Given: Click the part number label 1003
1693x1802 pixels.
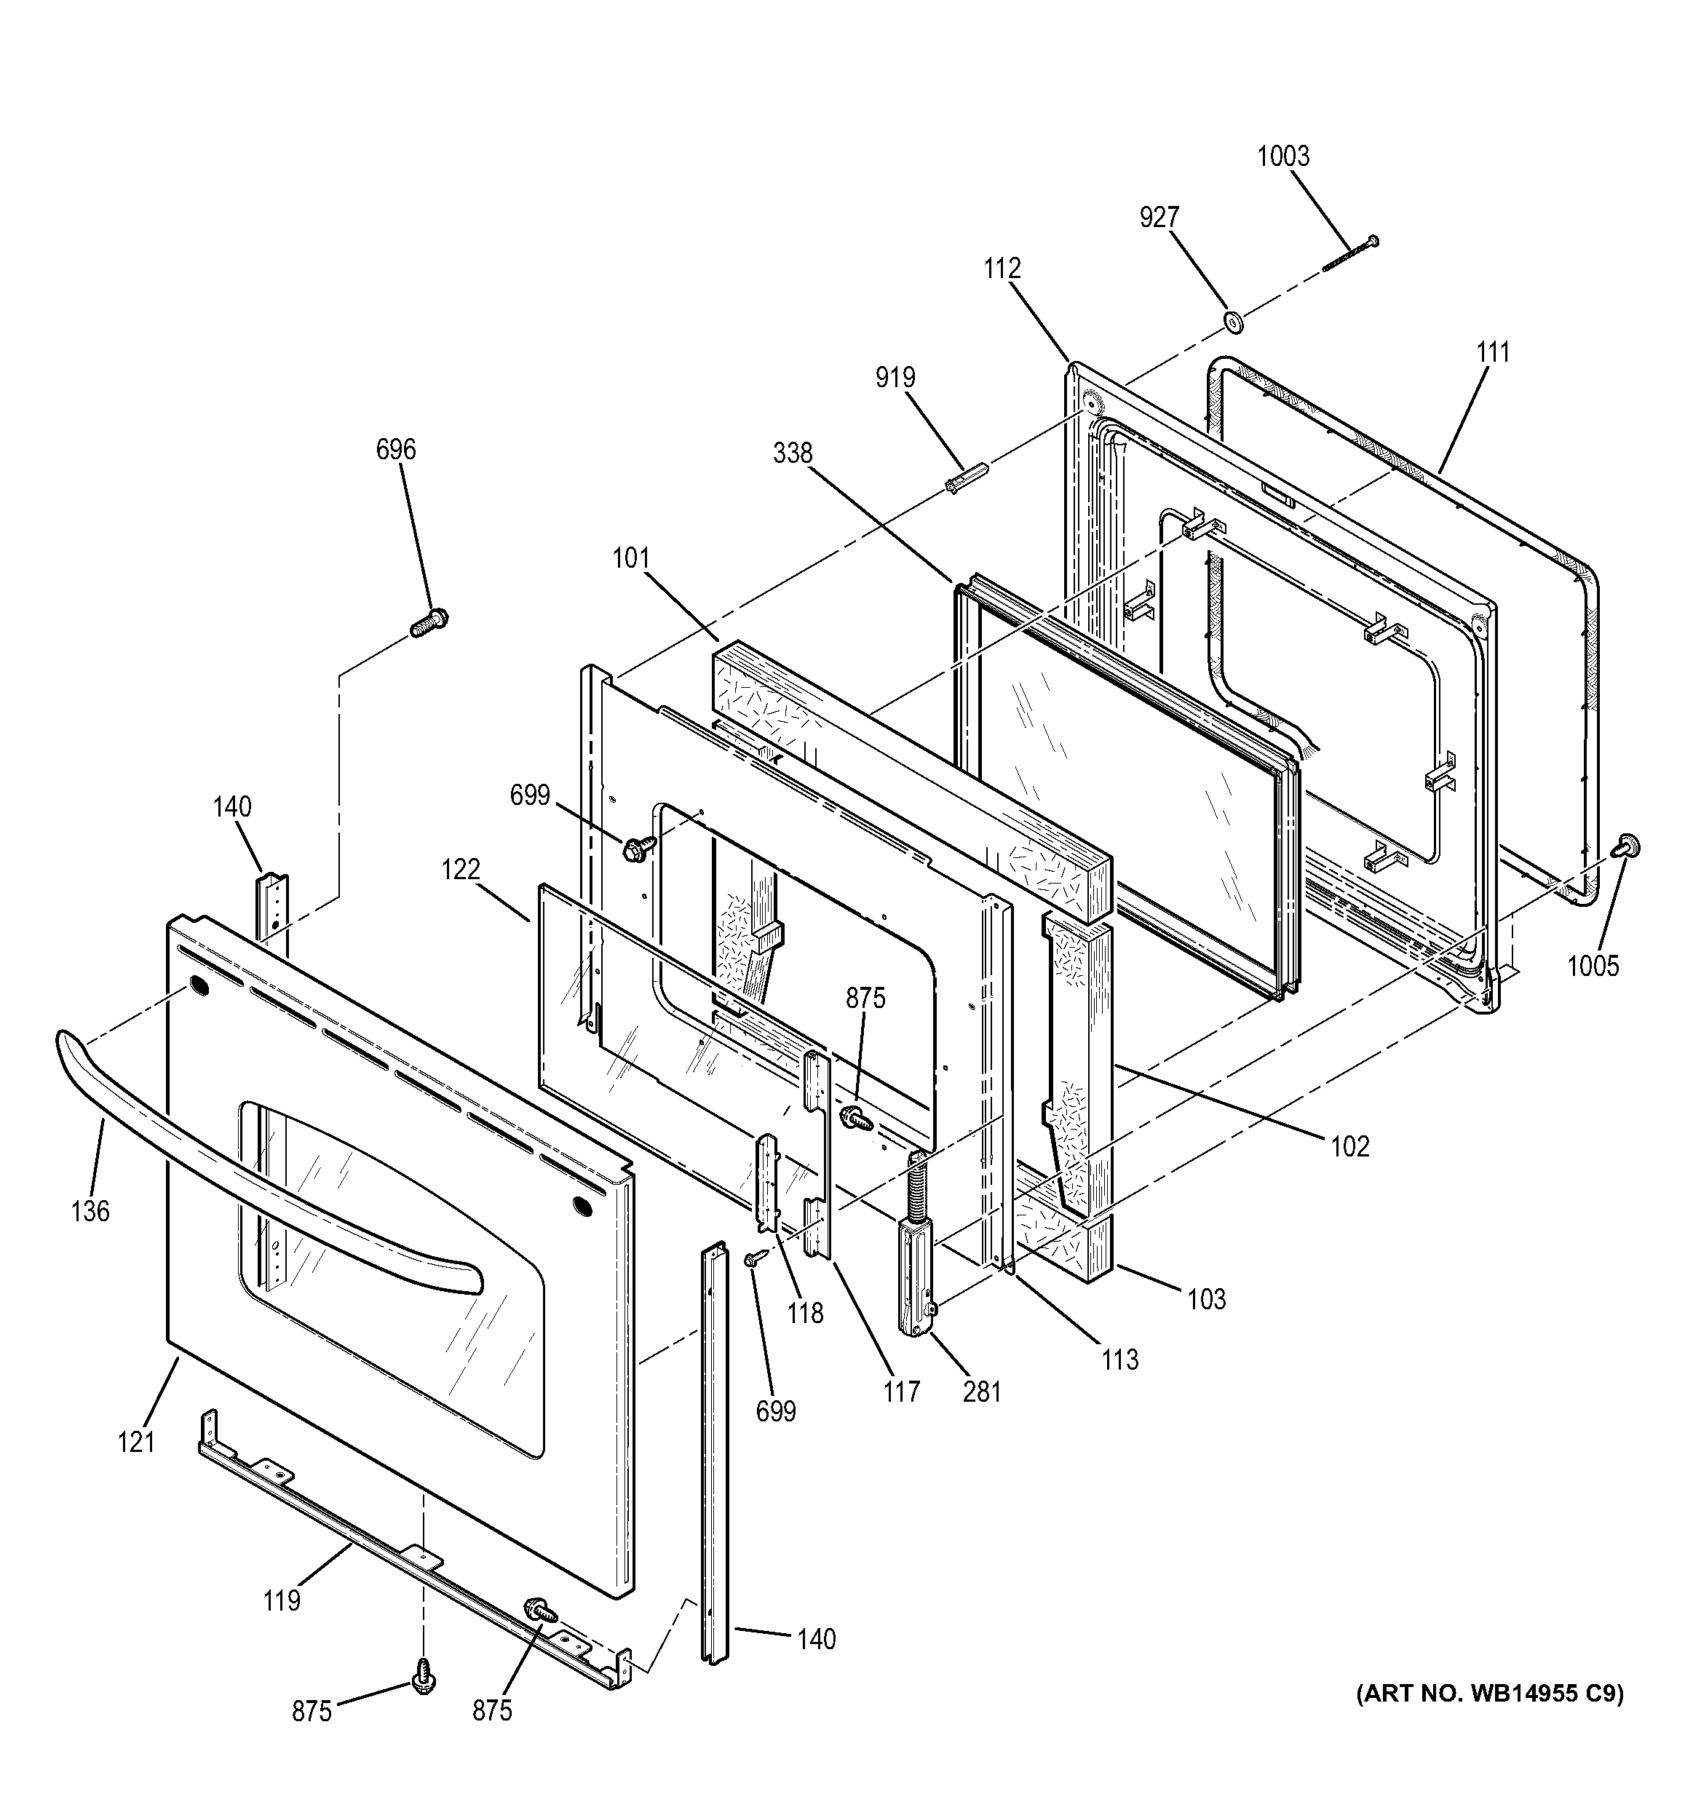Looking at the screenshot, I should point(1282,156).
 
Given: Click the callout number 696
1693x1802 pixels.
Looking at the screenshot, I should point(396,449).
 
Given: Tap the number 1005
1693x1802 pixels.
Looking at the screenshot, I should point(1593,967).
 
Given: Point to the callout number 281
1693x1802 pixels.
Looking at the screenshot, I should point(982,1391).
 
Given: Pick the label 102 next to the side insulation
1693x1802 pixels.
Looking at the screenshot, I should point(1349,1147).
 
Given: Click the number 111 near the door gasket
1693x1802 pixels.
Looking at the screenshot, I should point(1493,352).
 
